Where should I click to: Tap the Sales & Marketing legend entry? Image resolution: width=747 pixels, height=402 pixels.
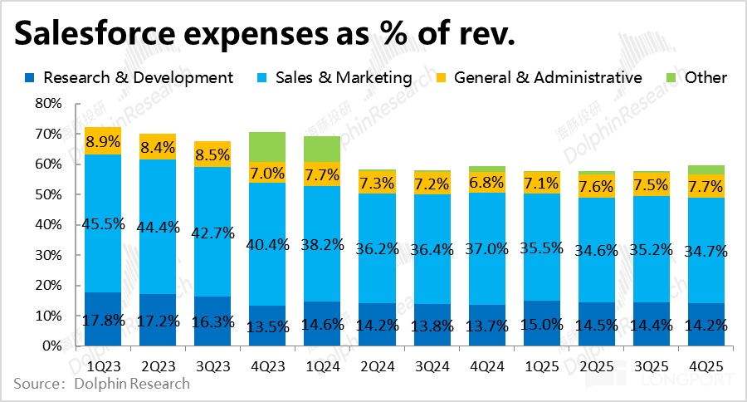(345, 78)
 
